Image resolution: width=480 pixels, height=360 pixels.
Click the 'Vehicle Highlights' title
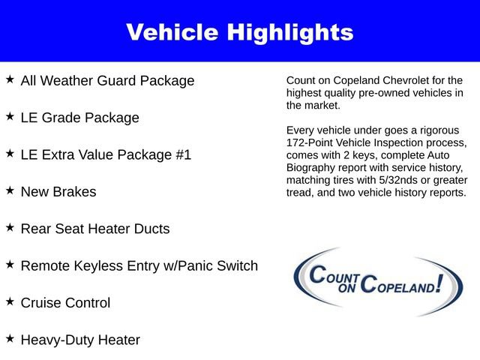pyautogui.click(x=239, y=32)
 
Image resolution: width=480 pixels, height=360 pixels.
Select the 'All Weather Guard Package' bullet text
pyautogui.click(x=107, y=80)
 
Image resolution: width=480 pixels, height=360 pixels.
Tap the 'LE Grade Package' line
pyautogui.click(x=79, y=118)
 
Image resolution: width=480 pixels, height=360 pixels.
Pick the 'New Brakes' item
pyautogui.click(x=58, y=192)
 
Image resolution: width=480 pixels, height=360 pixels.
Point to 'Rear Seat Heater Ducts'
pyautogui.click(x=95, y=229)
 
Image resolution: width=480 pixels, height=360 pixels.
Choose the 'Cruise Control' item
pyautogui.click(x=65, y=303)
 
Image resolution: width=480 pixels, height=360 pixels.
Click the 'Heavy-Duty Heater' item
pyautogui.click(x=80, y=340)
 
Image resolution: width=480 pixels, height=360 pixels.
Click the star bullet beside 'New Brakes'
pyautogui.click(x=10, y=190)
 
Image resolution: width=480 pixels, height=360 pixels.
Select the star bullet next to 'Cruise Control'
pyautogui.click(x=10, y=301)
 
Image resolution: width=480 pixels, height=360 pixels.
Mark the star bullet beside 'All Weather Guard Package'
pyautogui.click(x=10, y=79)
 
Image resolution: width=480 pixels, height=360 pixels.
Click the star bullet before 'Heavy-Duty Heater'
pyautogui.click(x=10, y=338)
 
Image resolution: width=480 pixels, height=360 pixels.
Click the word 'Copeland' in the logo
pyautogui.click(x=399, y=285)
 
